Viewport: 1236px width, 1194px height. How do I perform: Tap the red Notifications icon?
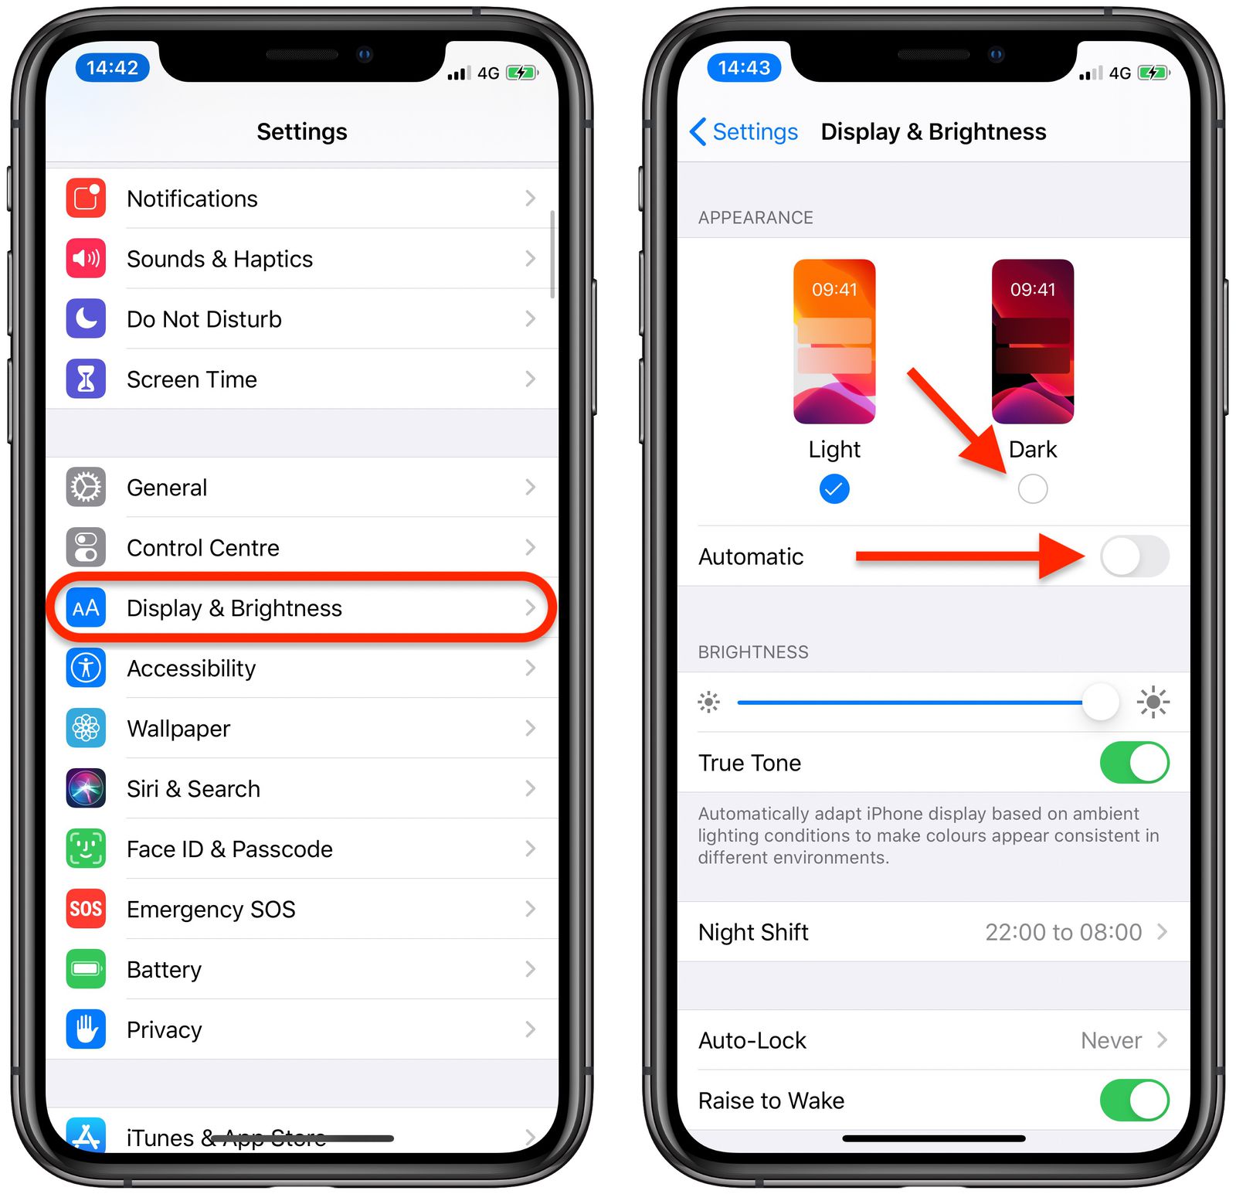tap(86, 199)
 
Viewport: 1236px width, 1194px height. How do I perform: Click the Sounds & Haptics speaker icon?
tap(86, 259)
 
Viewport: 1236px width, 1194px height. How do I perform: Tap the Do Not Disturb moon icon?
tap(86, 318)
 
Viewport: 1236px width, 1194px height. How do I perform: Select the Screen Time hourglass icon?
tap(86, 379)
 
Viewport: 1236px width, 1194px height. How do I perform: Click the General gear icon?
tap(86, 488)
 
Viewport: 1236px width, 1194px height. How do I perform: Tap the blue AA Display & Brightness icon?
tap(86, 608)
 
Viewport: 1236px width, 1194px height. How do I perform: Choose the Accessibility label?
tap(191, 668)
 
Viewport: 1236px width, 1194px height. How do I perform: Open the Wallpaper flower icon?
tap(86, 729)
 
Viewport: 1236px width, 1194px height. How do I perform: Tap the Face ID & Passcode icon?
tap(86, 849)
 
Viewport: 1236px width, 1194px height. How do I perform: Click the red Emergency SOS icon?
tap(86, 909)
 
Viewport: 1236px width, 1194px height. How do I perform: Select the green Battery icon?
tap(86, 969)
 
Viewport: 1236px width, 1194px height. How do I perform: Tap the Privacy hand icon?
tap(86, 1029)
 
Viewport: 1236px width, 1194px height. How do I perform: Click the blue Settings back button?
tap(743, 132)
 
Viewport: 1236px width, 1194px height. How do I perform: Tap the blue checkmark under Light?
tap(834, 489)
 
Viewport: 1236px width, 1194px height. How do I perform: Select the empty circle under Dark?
tap(1033, 489)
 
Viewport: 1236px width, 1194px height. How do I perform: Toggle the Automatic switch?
tap(1134, 556)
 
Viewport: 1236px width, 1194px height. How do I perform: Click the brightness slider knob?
tap(1100, 702)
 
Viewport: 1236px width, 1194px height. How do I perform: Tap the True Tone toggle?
tap(1134, 763)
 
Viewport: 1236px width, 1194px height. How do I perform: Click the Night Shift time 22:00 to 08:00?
tap(1063, 932)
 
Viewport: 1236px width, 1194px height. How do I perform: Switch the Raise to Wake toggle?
tap(1134, 1100)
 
